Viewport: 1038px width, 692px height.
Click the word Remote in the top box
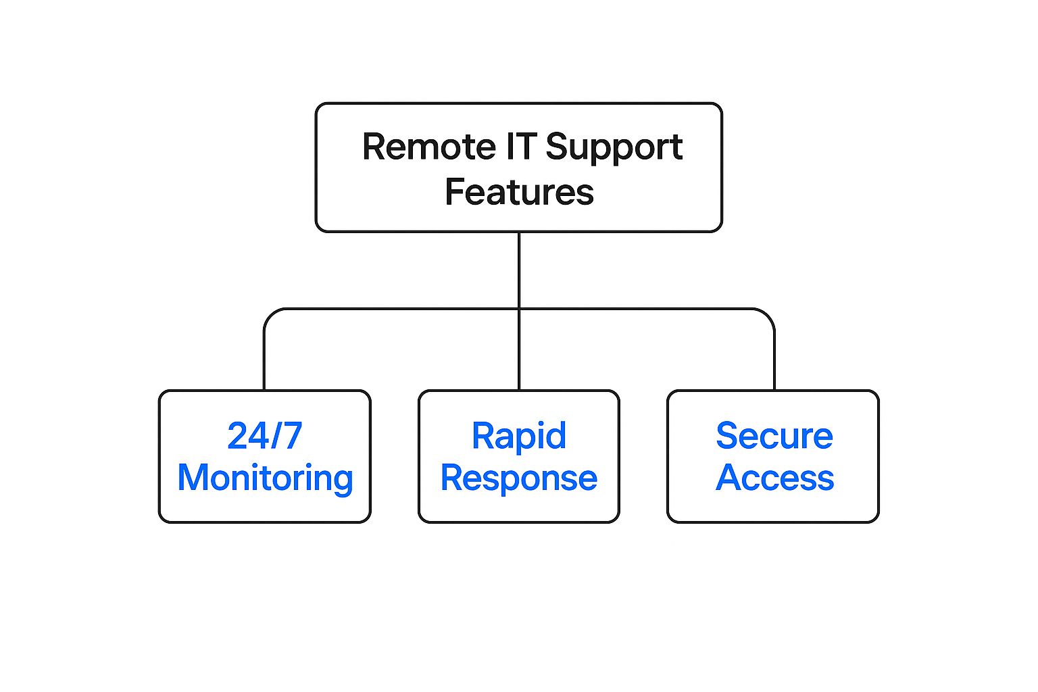coord(429,147)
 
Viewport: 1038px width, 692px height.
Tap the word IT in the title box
coord(521,147)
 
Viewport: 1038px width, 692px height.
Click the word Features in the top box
coord(519,192)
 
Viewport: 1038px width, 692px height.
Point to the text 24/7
coord(265,436)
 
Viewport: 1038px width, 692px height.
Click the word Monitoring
coord(265,479)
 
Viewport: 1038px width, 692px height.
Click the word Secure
coord(774,436)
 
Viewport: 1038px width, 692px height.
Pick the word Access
coord(775,477)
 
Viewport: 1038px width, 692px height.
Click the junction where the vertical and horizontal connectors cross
coord(519,309)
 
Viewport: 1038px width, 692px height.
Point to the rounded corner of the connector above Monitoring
coord(270,315)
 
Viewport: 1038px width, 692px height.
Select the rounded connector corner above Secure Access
coord(768,315)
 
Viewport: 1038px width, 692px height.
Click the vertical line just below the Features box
coord(519,269)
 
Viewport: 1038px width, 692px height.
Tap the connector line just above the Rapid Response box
coord(519,351)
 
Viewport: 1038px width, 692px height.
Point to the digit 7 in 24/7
coord(292,436)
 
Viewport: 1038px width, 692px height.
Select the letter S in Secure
coord(727,436)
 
